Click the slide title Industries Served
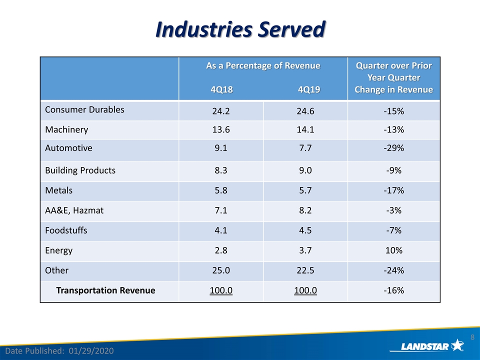pyautogui.click(x=240, y=29)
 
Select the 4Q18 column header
pyautogui.click(x=221, y=89)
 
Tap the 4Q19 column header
pyautogui.click(x=309, y=89)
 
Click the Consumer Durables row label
pyautogui.click(x=84, y=109)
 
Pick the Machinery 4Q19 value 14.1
pyautogui.click(x=305, y=129)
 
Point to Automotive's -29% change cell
pyautogui.click(x=393, y=148)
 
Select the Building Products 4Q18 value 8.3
pyautogui.click(x=220, y=170)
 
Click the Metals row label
pyautogui.click(x=59, y=190)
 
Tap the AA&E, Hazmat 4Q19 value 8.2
pyautogui.click(x=305, y=210)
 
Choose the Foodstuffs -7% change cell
pyautogui.click(x=393, y=230)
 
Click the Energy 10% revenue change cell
pyautogui.click(x=393, y=250)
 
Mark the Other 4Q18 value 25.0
pyautogui.click(x=220, y=270)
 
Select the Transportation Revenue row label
pyautogui.click(x=105, y=290)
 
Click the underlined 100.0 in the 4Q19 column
pyautogui.click(x=305, y=290)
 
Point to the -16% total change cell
pyautogui.click(x=393, y=290)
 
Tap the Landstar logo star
pyautogui.click(x=457, y=345)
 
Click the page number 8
pyautogui.click(x=472, y=337)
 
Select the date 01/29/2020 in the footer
pyautogui.click(x=91, y=351)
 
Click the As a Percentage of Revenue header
pyautogui.click(x=263, y=66)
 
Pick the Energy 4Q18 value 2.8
pyautogui.click(x=220, y=250)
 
